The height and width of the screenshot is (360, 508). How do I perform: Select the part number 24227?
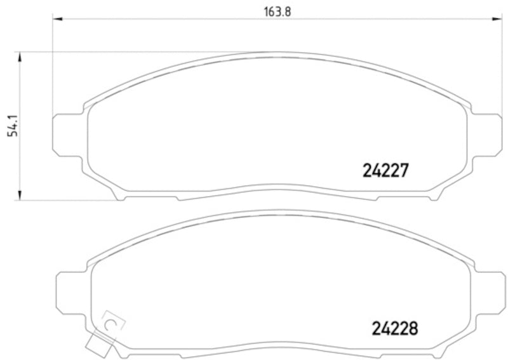384,171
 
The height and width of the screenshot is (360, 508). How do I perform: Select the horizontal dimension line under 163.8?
190,20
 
